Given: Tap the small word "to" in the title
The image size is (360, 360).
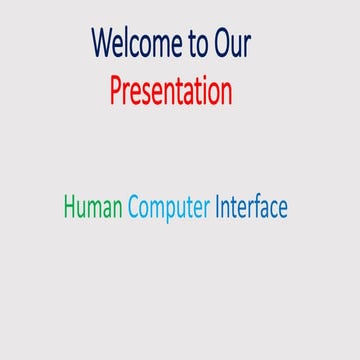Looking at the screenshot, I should (x=199, y=45).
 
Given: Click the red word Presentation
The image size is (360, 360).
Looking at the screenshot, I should (x=171, y=91).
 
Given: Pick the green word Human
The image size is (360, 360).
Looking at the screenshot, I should (x=93, y=207).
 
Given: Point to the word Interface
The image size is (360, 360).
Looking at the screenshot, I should (x=251, y=207).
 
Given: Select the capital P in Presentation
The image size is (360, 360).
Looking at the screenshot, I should (x=115, y=90).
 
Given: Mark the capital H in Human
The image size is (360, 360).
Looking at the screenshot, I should (x=70, y=207).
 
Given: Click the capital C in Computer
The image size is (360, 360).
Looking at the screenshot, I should (x=133, y=207).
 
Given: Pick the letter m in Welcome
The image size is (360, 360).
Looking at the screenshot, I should (x=161, y=46).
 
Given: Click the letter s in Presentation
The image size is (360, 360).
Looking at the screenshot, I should (x=152, y=93).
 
